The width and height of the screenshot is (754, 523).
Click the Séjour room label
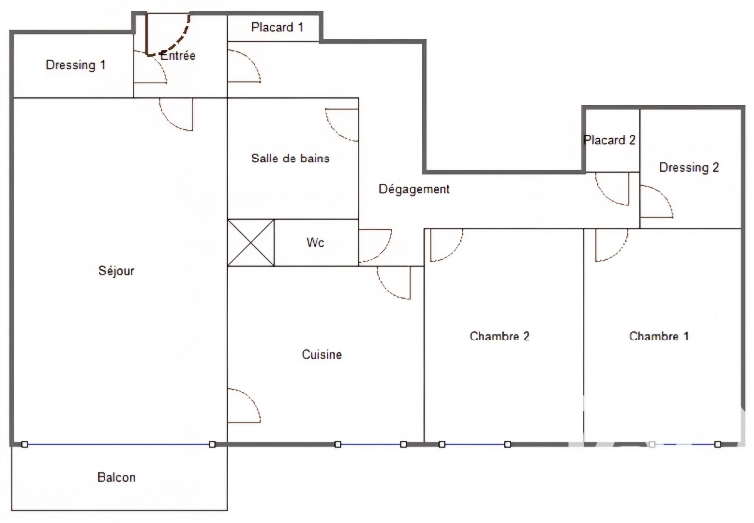tap(116, 271)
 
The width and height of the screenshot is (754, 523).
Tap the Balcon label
tap(116, 477)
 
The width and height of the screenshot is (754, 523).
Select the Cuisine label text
tap(322, 354)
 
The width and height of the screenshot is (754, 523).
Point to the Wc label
tap(315, 242)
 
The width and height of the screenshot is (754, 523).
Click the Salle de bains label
tap(290, 158)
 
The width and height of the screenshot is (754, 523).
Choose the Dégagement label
tap(414, 189)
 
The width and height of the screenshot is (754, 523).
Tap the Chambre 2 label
tap(500, 336)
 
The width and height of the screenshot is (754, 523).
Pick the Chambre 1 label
tap(659, 336)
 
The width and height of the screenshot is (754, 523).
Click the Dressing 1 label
tap(76, 65)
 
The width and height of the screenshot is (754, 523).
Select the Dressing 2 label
tap(689, 168)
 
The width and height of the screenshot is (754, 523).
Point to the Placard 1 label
tap(277, 27)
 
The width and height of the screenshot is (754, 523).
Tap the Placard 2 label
tap(609, 140)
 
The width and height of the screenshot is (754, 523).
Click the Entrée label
tap(178, 55)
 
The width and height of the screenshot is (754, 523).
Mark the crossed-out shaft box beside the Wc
tap(251, 242)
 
